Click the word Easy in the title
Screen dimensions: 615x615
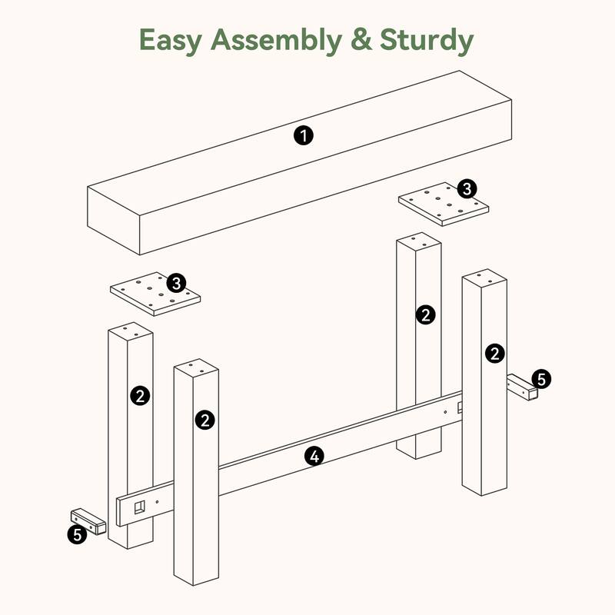pos(171,42)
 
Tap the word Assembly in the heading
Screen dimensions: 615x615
pos(277,42)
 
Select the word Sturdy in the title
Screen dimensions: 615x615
pos(427,42)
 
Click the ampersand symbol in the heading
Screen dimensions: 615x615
pos(361,40)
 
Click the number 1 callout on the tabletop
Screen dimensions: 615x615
pos(304,136)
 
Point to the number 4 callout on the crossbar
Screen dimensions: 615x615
pos(314,456)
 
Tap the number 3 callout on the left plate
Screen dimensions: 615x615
pos(176,283)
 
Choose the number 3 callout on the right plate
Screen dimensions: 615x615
pos(467,189)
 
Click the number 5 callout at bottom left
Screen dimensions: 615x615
pos(78,534)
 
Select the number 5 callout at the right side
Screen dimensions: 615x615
pos(541,379)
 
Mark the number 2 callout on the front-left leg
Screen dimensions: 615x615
pos(205,420)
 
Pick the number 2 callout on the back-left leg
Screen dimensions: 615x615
pos(140,395)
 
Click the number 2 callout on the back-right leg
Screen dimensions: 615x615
pos(426,314)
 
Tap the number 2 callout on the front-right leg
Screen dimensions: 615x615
pos(495,353)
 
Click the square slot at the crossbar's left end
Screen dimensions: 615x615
pos(140,507)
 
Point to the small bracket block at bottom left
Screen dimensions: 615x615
pos(88,522)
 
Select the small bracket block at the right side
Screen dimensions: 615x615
pos(523,387)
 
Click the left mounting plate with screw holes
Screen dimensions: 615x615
pos(155,294)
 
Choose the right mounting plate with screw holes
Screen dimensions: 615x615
pos(444,204)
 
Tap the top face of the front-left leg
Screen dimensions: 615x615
pos(196,367)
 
